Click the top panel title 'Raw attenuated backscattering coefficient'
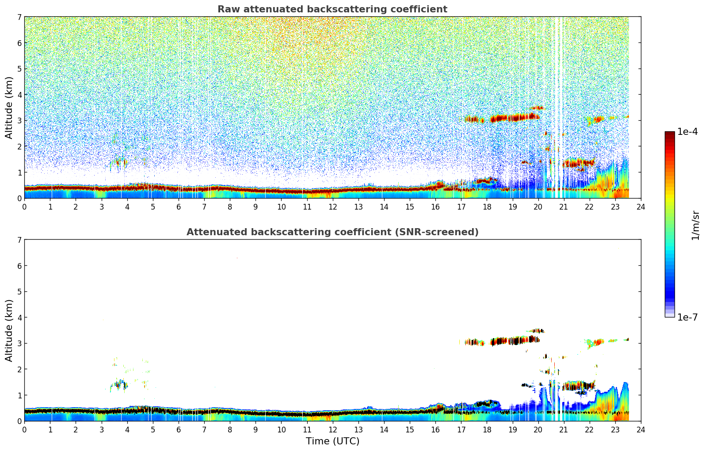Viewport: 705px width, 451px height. pyautogui.click(x=332, y=9)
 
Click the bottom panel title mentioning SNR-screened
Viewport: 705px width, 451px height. pyautogui.click(x=332, y=232)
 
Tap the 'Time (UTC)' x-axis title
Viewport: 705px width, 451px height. pyautogui.click(x=332, y=441)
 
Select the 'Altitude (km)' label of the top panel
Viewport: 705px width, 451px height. pyautogui.click(x=9, y=107)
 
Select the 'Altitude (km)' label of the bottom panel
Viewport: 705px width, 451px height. pyautogui.click(x=9, y=330)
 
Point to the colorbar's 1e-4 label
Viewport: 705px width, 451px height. pyautogui.click(x=687, y=132)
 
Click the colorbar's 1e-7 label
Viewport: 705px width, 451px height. pyautogui.click(x=687, y=317)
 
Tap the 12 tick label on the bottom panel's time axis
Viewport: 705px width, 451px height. pyautogui.click(x=332, y=430)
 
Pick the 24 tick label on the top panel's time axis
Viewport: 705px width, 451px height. pyautogui.click(x=640, y=207)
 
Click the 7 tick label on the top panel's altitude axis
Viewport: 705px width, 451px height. pyautogui.click(x=19, y=17)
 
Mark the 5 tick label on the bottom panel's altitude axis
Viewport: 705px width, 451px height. pyautogui.click(x=19, y=292)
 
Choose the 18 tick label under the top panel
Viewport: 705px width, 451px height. pyautogui.click(x=487, y=207)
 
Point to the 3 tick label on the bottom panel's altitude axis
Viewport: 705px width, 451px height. pyautogui.click(x=19, y=344)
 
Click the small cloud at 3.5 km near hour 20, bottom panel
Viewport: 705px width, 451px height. pyautogui.click(x=537, y=331)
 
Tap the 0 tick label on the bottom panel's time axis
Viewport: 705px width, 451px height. pyautogui.click(x=24, y=430)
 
